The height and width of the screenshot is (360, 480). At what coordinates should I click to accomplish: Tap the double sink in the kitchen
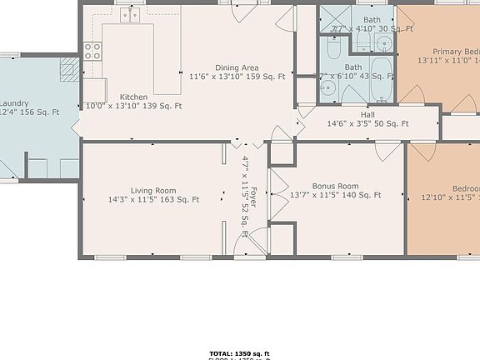130,15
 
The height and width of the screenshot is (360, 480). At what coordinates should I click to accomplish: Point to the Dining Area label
237,67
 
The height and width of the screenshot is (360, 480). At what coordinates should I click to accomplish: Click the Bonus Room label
335,186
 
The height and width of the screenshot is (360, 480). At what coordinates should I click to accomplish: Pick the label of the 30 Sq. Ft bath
372,19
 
